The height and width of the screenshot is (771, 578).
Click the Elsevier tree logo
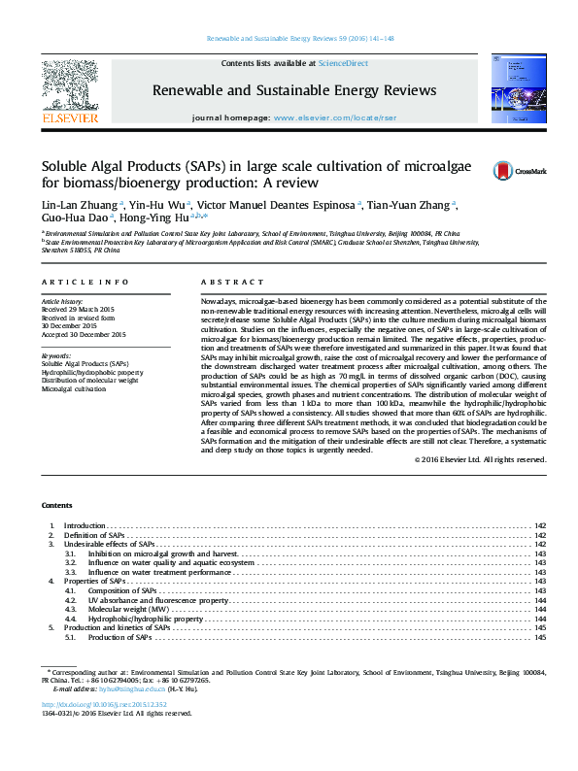click(x=70, y=84)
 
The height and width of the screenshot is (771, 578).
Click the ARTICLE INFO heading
click(x=85, y=282)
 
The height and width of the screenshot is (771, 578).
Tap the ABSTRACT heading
click(x=225, y=282)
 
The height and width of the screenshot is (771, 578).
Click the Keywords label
click(x=56, y=356)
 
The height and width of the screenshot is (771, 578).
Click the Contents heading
click(x=56, y=507)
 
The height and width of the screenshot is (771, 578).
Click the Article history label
click(x=62, y=303)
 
